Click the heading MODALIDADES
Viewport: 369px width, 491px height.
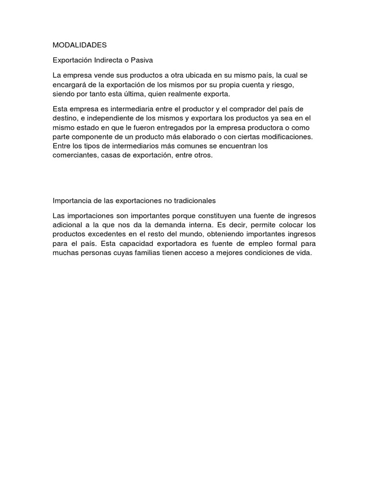79,45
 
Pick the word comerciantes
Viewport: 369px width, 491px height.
74,156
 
